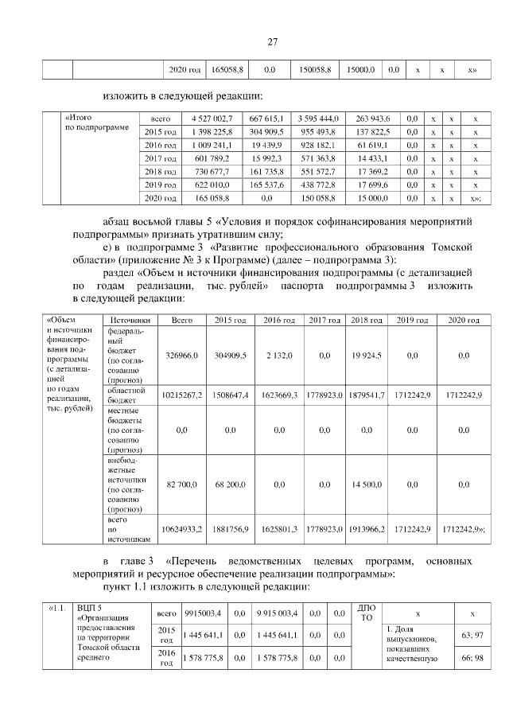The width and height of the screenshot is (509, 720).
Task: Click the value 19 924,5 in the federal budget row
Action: (x=367, y=356)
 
